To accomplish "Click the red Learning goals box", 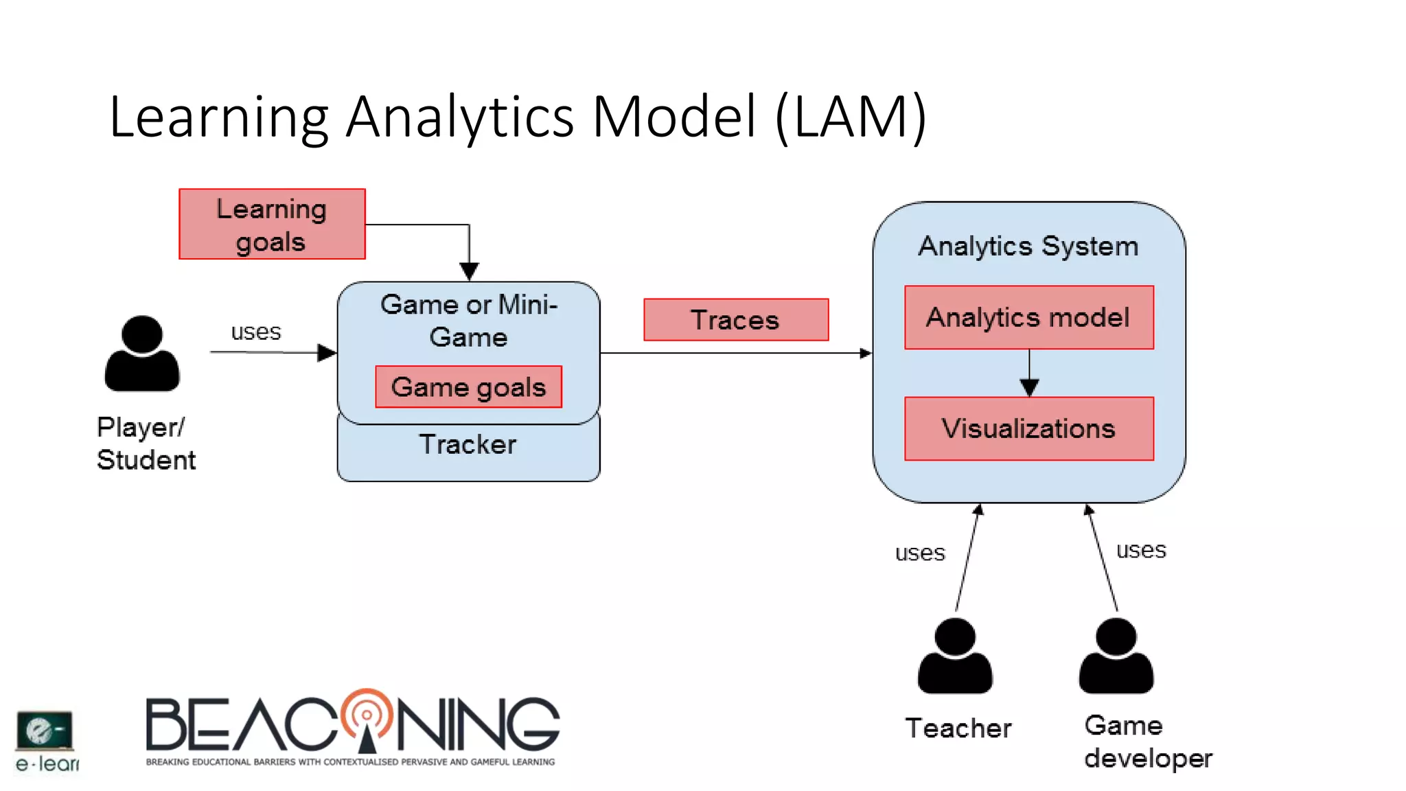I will click(272, 225).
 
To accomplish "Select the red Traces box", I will click(736, 320).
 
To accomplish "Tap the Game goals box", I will click(468, 387).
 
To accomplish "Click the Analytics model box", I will click(1028, 318).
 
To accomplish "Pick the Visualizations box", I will click(1028, 428).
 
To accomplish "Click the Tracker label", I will click(468, 445).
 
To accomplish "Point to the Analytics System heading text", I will click(1028, 246).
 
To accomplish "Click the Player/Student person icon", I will click(142, 354).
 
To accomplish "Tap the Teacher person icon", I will click(955, 656).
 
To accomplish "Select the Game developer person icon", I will click(1116, 656).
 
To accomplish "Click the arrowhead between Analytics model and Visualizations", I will click(1029, 388).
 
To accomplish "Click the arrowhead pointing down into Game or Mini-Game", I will click(469, 271).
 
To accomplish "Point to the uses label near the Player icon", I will click(256, 332).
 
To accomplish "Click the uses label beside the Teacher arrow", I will click(920, 553).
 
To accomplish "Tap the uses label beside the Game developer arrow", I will click(1141, 550).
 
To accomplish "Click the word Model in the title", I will click(674, 117).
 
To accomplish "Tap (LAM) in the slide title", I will click(851, 117).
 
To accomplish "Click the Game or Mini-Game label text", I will click(468, 321).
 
